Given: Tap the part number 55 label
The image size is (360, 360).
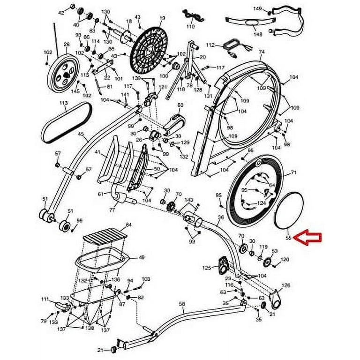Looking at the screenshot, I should click(x=289, y=238).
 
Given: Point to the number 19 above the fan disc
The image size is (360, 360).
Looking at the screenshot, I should click(x=162, y=18).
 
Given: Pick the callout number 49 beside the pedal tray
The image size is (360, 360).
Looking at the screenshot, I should click(x=141, y=257).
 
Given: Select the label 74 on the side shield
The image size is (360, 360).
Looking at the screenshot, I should click(x=262, y=52).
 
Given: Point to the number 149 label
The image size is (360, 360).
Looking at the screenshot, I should click(x=257, y=8).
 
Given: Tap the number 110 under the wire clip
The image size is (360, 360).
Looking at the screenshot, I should click(x=190, y=27).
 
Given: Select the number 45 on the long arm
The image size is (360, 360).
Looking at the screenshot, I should click(x=81, y=134).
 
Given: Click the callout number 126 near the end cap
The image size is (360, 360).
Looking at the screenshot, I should click(x=285, y=285).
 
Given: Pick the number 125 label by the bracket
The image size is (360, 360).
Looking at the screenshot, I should click(x=207, y=268).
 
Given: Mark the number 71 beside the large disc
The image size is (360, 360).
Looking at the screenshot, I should click(x=294, y=173).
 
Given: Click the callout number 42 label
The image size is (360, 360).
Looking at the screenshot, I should click(x=61, y=12).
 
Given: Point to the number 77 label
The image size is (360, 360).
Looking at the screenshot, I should click(x=112, y=210).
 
